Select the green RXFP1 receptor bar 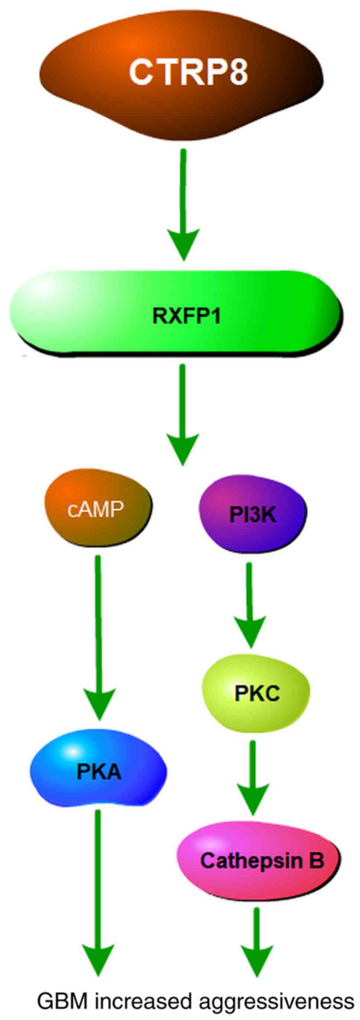coord(176,315)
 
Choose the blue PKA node coord(98,772)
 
